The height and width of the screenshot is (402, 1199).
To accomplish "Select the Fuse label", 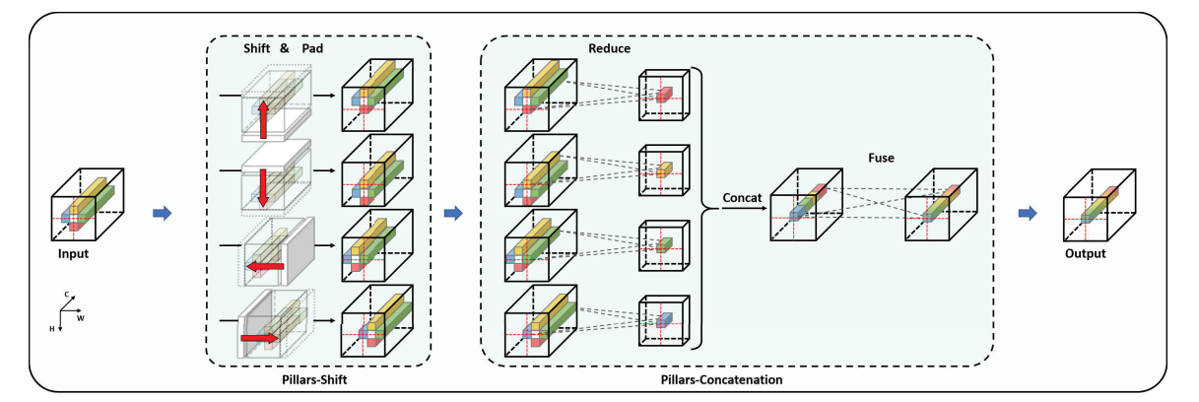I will coord(882,156).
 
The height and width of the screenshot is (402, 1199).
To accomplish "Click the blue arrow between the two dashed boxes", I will coord(453,213).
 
